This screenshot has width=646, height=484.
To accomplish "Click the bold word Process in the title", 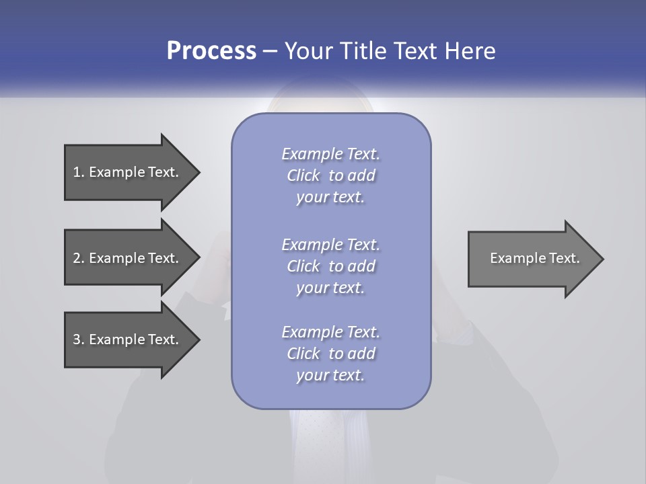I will pyautogui.click(x=211, y=51).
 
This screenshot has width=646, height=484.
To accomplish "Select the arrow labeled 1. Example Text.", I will pyautogui.click(x=128, y=172).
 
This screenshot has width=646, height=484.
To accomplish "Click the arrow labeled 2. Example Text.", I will pyautogui.click(x=128, y=258).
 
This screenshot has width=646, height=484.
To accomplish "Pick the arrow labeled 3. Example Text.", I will pyautogui.click(x=128, y=339).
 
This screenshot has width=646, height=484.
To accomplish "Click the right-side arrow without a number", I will pyautogui.click(x=532, y=258).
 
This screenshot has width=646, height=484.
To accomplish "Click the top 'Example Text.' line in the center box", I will pyautogui.click(x=330, y=154).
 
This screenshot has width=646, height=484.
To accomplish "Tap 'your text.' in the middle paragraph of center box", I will pyautogui.click(x=330, y=288).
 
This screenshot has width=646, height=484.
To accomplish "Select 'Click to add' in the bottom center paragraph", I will pyautogui.click(x=330, y=354).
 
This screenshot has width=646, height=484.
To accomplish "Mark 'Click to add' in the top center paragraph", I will pyautogui.click(x=330, y=175).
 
